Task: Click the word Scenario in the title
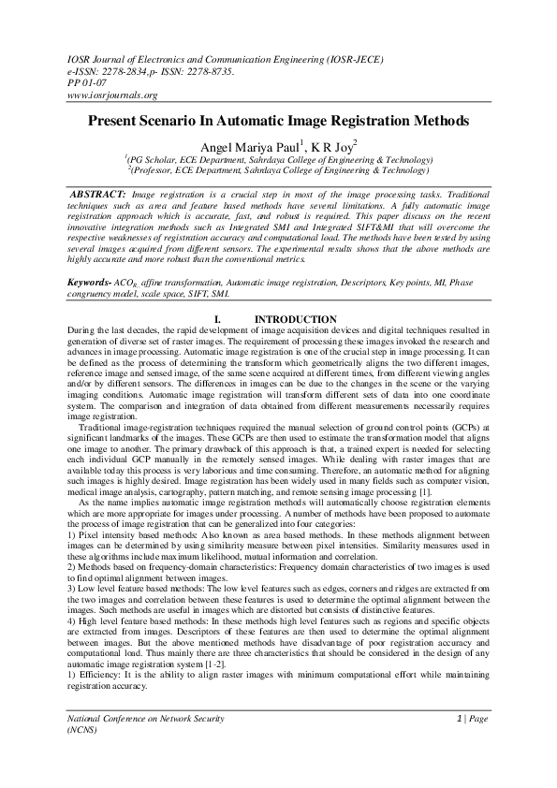pos(194,122)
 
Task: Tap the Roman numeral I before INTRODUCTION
pos(217,320)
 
